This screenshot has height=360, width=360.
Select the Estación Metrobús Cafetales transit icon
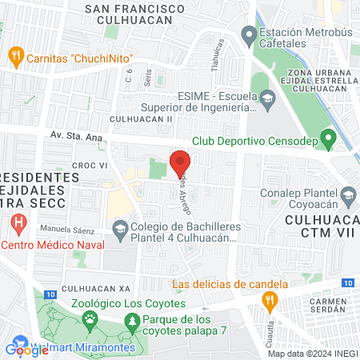[248, 35]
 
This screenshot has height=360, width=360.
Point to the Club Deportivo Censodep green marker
[327, 140]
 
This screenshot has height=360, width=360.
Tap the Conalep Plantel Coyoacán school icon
[348, 194]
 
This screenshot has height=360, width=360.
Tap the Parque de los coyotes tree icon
[131, 322]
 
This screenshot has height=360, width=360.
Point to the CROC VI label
[90, 165]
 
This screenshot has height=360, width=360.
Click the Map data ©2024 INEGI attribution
[312, 354]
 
